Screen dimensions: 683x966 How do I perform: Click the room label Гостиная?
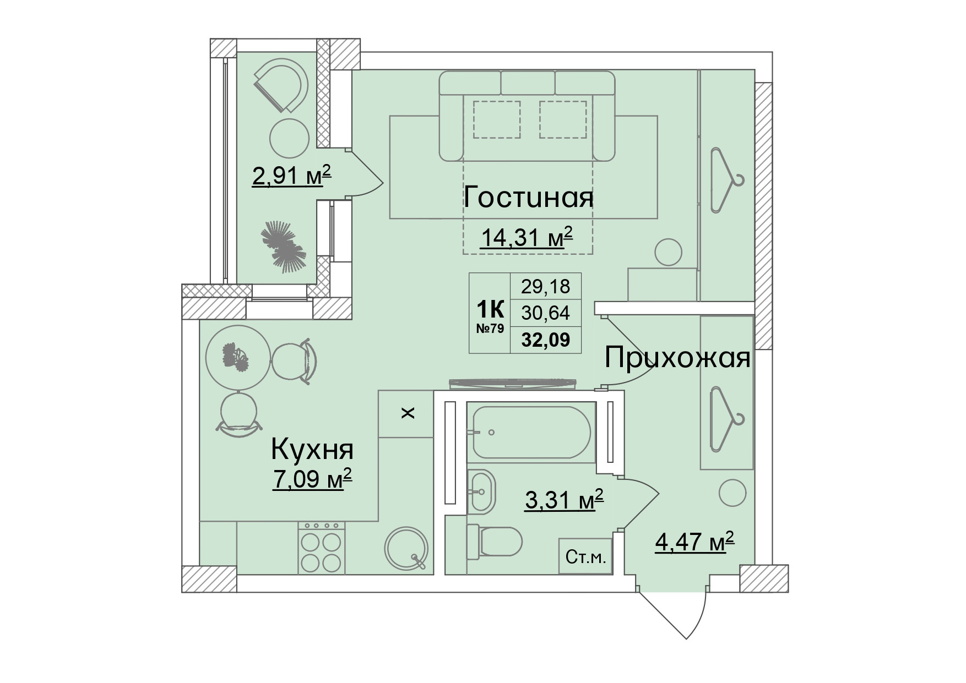(x=528, y=198)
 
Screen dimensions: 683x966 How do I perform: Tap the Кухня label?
(x=312, y=450)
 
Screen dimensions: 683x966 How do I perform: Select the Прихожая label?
(x=677, y=358)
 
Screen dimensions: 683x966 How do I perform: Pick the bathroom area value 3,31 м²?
(x=565, y=501)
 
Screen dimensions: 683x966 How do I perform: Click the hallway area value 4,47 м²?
(x=694, y=543)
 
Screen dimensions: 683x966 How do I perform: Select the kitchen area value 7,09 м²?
(x=312, y=479)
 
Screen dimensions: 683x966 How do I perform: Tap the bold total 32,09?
(x=545, y=340)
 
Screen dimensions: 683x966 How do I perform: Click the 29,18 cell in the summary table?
(x=545, y=286)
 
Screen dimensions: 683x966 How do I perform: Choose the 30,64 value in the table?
(x=545, y=313)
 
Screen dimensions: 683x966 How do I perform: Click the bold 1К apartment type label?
(x=490, y=311)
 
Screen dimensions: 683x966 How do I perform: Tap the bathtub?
(x=531, y=432)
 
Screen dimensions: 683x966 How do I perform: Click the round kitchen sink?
(x=407, y=548)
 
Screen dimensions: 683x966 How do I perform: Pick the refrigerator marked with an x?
(x=406, y=413)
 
